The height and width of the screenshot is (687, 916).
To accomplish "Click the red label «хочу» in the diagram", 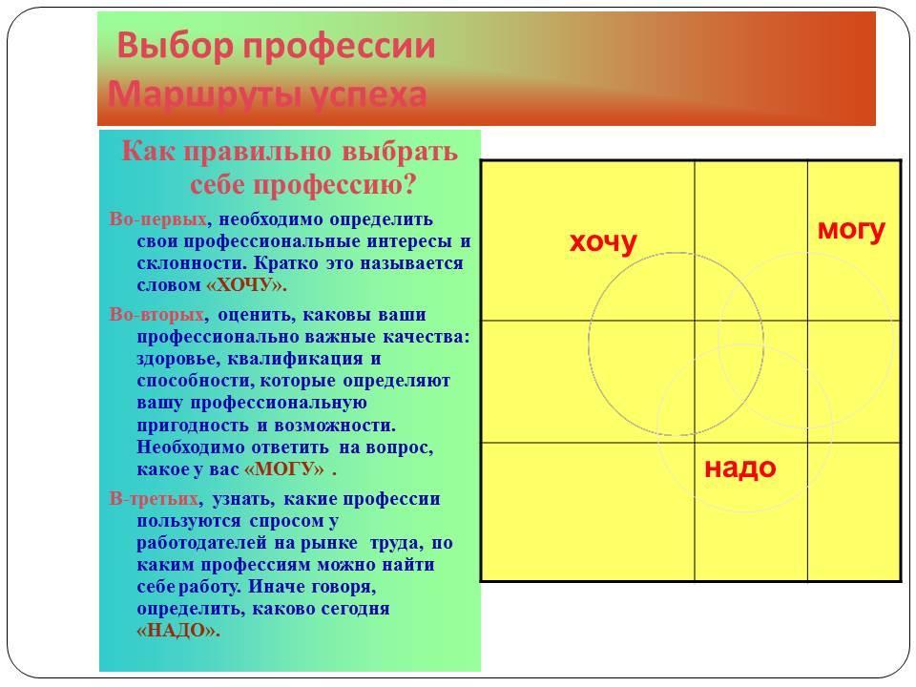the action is click(603, 241).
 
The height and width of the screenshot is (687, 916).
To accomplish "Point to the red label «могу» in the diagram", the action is click(851, 230).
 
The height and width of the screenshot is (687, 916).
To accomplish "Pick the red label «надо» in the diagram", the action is click(740, 468).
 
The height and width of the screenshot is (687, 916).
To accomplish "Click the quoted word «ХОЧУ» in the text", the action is click(245, 285).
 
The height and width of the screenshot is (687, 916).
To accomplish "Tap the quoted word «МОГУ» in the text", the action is click(284, 469).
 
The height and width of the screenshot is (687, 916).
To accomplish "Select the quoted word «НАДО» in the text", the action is click(177, 631).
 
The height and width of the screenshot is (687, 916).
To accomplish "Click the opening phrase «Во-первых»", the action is click(157, 219).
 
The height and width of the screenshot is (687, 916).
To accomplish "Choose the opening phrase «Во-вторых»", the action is click(156, 314).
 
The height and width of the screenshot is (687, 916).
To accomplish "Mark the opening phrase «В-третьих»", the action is click(154, 499).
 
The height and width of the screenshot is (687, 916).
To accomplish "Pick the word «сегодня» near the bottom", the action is click(357, 609).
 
